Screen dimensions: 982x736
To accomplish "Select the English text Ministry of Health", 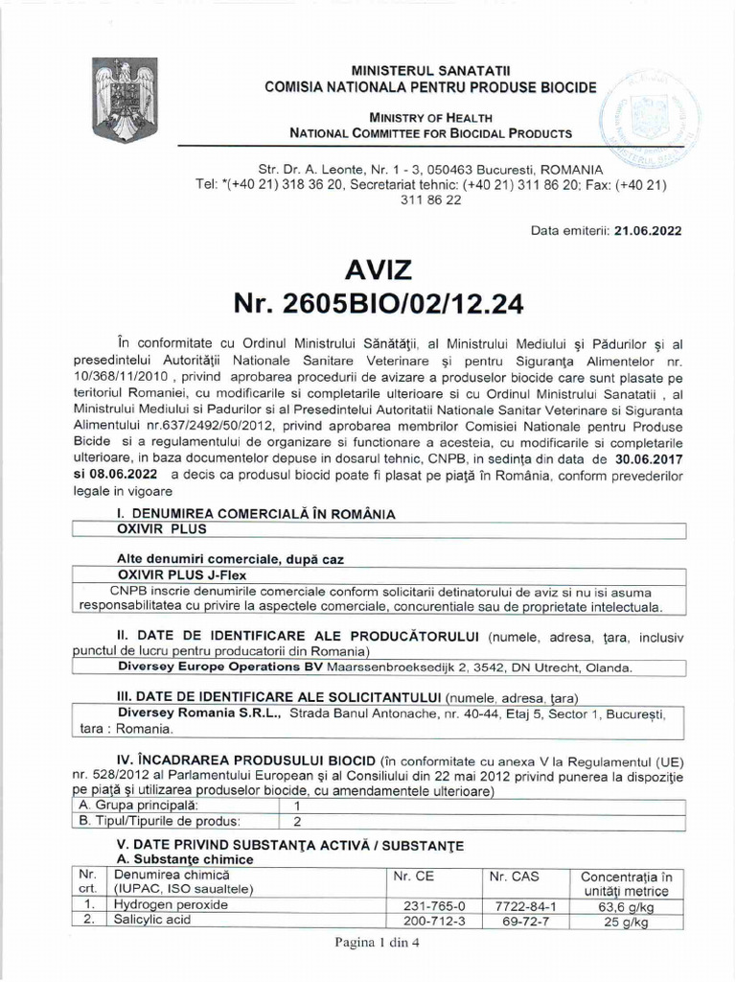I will pyautogui.click(x=430, y=116).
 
